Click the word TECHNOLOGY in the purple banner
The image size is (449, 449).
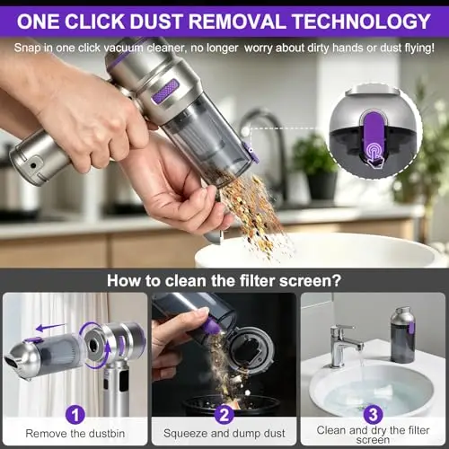pyautogui.click(x=362, y=22)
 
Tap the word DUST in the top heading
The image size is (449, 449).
pyautogui.click(x=155, y=22)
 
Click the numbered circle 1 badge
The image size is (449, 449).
pyautogui.click(x=75, y=415)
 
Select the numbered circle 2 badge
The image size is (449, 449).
pyautogui.click(x=224, y=415)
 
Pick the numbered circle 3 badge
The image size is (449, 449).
pyautogui.click(x=373, y=415)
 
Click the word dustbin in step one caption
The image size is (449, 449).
pyautogui.click(x=104, y=434)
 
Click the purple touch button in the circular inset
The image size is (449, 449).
pyautogui.click(x=374, y=136)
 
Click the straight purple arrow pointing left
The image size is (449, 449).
pyautogui.click(x=51, y=328)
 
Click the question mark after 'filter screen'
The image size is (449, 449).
pyautogui.click(x=336, y=280)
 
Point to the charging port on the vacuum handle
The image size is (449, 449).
pyautogui.click(x=33, y=165)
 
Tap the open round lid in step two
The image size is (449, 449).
pyautogui.click(x=251, y=350)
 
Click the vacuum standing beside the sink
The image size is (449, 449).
pyautogui.click(x=402, y=334)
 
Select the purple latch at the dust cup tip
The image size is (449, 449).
pyautogui.click(x=251, y=153)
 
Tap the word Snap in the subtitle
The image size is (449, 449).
pyautogui.click(x=28, y=48)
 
